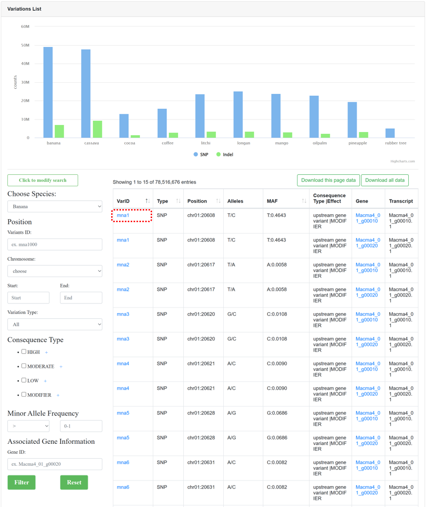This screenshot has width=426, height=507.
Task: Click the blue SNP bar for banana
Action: pyautogui.click(x=48, y=92)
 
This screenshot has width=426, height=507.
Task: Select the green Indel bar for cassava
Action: pyautogui.click(x=98, y=129)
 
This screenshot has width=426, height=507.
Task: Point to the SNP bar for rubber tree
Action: pyautogui.click(x=390, y=133)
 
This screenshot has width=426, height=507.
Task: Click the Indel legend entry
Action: pyautogui.click(x=225, y=155)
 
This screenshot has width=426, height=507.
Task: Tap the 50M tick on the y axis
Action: pyautogui.click(x=25, y=45)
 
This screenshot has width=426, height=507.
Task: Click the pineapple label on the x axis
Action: pyautogui.click(x=358, y=143)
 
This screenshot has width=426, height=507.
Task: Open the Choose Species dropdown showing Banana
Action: pyautogui.click(x=55, y=206)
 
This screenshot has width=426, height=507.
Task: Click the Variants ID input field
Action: pyautogui.click(x=55, y=244)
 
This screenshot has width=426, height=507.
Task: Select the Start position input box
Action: pyautogui.click(x=28, y=298)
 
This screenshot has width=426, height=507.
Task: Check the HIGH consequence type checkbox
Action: pyautogui.click(x=24, y=351)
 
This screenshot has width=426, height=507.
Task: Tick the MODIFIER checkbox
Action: pyautogui.click(x=24, y=395)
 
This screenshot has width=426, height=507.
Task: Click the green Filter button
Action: pyautogui.click(x=21, y=482)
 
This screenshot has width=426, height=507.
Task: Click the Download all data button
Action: pyautogui.click(x=385, y=180)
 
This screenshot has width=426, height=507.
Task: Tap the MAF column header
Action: pyautogui.click(x=272, y=201)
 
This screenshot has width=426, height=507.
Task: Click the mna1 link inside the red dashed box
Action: pyautogui.click(x=123, y=215)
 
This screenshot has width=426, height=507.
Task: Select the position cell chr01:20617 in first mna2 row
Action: pyautogui.click(x=201, y=265)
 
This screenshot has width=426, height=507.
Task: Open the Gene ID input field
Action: pyautogui.click(x=55, y=464)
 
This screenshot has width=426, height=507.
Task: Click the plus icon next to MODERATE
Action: pyautogui.click(x=61, y=367)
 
